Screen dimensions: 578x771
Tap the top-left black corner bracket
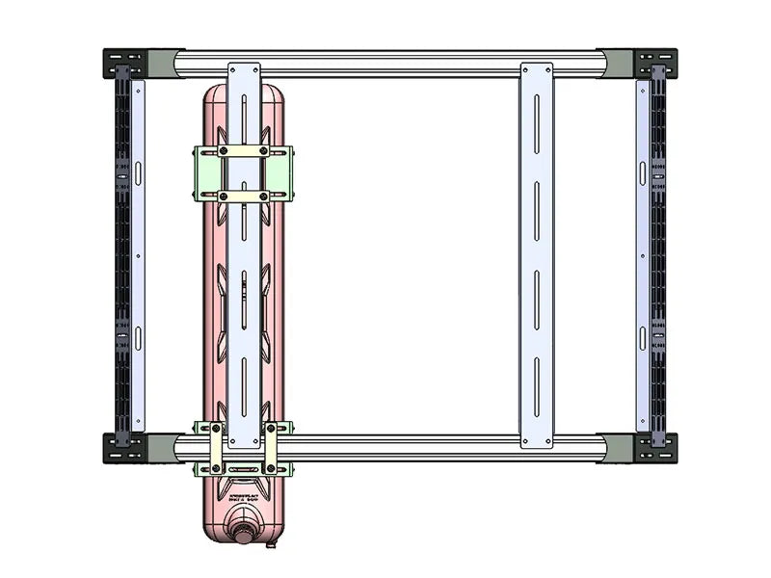tap(124, 64)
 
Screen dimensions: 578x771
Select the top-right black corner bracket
tap(655, 64)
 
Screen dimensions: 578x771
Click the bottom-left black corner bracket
tap(124, 448)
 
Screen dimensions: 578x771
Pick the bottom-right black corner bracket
tap(655, 448)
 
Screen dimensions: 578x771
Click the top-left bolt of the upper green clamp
tap(224, 152)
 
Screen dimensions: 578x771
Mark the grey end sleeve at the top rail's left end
tap(162, 64)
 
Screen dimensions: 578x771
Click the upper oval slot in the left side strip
tap(138, 173)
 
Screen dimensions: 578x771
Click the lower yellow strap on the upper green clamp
tap(244, 196)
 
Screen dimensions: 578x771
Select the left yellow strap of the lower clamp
tap(217, 448)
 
